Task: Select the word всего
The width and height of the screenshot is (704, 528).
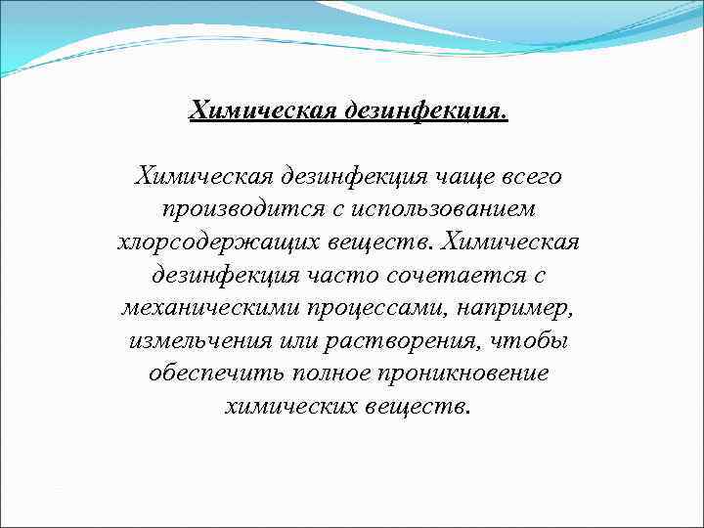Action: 529,178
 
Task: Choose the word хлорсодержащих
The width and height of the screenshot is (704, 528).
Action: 203,242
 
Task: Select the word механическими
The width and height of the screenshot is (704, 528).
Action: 201,308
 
